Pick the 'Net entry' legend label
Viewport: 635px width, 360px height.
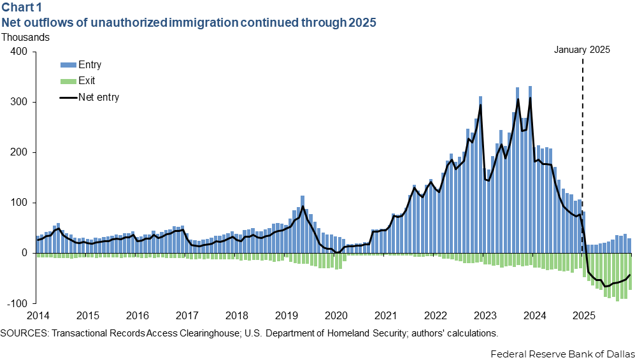click(x=99, y=97)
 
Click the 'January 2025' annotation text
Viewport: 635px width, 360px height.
click(x=582, y=50)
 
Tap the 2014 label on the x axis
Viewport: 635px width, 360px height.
click(x=38, y=315)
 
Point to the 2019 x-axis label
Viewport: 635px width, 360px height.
click(x=287, y=315)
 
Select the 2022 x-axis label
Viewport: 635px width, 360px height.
click(x=436, y=315)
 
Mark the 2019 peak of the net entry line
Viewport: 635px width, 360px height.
click(x=303, y=206)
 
